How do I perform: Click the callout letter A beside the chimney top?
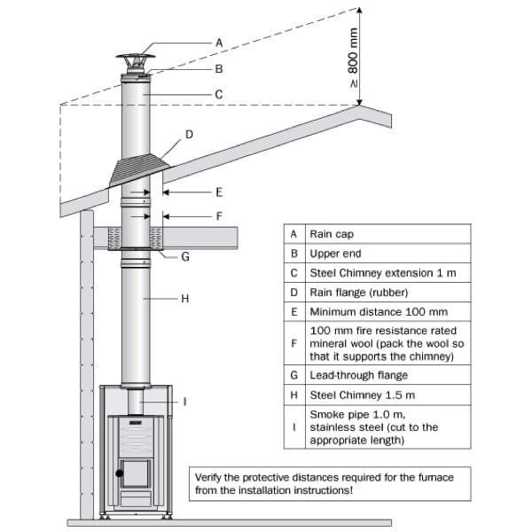pos(218,42)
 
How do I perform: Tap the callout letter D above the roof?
pos(188,135)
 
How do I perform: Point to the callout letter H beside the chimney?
pos(185,299)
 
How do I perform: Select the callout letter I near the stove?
pos(184,402)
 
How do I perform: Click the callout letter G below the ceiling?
pos(185,257)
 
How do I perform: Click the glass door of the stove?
pos(136,473)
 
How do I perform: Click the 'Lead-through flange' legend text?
pos(356,375)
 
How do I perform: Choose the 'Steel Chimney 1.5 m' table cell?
pos(358,395)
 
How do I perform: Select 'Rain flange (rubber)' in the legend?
pos(354,293)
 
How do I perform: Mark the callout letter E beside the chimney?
pos(218,192)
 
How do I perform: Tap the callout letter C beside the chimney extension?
pos(218,93)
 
